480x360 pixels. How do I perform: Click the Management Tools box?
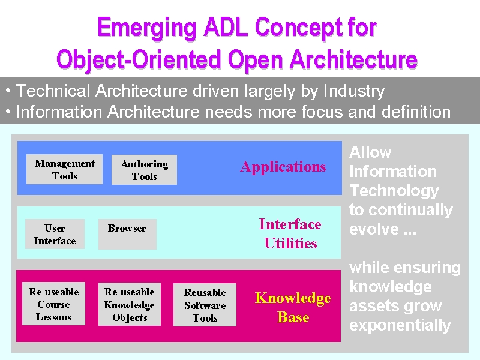(x=64, y=169)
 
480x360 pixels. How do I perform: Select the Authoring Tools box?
(x=144, y=170)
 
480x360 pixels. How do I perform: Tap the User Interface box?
(x=55, y=234)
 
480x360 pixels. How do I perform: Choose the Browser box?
(x=127, y=234)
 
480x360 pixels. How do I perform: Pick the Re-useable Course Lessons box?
(x=53, y=304)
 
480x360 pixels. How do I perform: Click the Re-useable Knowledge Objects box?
(x=130, y=304)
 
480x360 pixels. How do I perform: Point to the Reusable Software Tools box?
(x=205, y=305)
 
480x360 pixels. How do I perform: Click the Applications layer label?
(x=283, y=167)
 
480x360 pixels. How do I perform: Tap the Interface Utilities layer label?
(x=290, y=233)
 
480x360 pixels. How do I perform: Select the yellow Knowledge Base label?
(x=293, y=307)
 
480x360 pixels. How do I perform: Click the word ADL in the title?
(x=226, y=28)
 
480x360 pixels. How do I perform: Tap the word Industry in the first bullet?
(x=354, y=91)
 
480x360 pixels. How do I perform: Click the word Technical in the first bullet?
(x=53, y=91)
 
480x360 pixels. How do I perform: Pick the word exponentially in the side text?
(x=400, y=326)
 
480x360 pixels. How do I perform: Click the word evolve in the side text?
(x=374, y=229)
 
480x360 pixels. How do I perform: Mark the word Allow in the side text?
(x=370, y=152)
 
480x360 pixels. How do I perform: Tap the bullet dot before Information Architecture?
(x=8, y=112)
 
